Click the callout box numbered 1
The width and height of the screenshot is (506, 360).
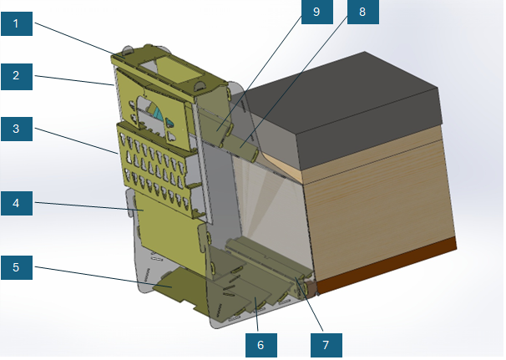[16, 24]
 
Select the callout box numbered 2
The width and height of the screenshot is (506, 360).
[16, 77]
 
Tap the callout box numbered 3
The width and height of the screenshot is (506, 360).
[16, 129]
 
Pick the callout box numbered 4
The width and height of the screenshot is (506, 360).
[16, 203]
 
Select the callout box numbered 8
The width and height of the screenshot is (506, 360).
[362, 12]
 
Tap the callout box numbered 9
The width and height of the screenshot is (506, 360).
[316, 12]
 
